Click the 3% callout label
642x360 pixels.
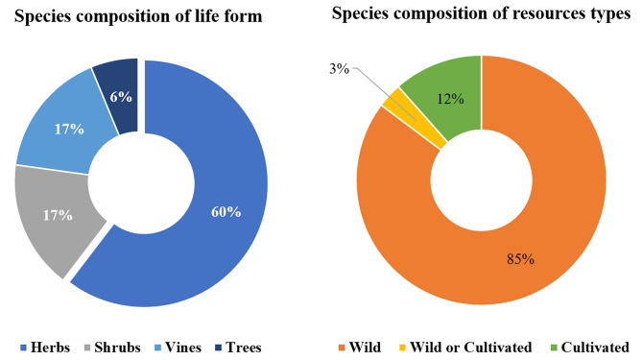tap(337, 69)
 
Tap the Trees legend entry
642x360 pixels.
tap(243, 347)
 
